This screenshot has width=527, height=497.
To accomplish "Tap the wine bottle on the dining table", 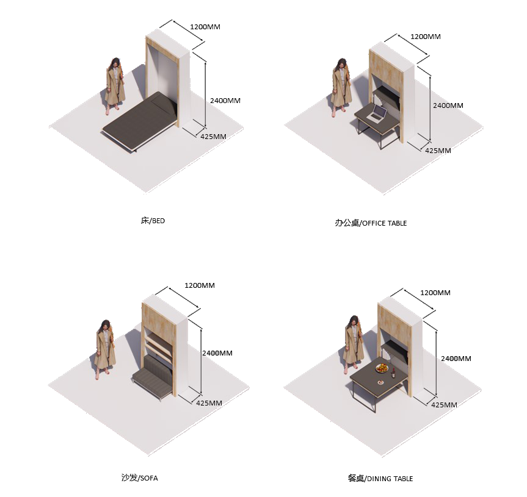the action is [x=393, y=373].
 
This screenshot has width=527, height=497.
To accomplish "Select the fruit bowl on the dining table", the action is [x=382, y=368].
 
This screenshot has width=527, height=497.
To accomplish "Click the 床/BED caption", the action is [x=153, y=221].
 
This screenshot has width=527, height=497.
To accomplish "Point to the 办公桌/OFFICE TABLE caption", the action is [x=371, y=223].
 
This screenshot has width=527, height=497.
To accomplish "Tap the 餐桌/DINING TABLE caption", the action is [x=380, y=478].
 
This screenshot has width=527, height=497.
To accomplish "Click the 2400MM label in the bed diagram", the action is [x=225, y=101].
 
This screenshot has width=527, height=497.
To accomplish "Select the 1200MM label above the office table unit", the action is [x=426, y=36].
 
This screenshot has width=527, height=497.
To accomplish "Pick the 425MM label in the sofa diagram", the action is [x=209, y=402].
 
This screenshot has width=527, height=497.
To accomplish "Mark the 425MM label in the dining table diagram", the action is [x=444, y=405].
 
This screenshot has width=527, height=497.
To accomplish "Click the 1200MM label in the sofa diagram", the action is [x=200, y=285].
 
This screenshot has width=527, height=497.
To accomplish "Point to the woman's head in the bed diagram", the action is [x=115, y=63].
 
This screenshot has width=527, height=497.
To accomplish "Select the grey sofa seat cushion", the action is [x=151, y=382].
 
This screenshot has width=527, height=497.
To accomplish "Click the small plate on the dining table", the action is [x=380, y=382].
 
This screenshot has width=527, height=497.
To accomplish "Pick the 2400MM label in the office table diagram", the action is [x=448, y=105].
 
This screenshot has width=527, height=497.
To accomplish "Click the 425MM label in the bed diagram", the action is [x=213, y=137].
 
